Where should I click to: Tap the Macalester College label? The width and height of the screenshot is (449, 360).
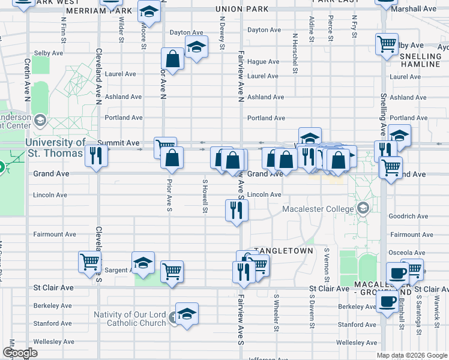319,209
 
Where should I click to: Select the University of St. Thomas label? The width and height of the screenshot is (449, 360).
55,148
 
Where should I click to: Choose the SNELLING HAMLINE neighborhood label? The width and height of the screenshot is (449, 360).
420,59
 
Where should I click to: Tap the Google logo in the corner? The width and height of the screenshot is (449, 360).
20,353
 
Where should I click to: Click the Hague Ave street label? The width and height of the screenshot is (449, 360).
263,62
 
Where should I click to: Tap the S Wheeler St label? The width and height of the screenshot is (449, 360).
276,312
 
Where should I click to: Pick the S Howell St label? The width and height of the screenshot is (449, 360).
205,196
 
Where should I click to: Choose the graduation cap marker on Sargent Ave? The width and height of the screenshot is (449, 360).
143,263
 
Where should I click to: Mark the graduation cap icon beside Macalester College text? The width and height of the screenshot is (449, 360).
362,208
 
